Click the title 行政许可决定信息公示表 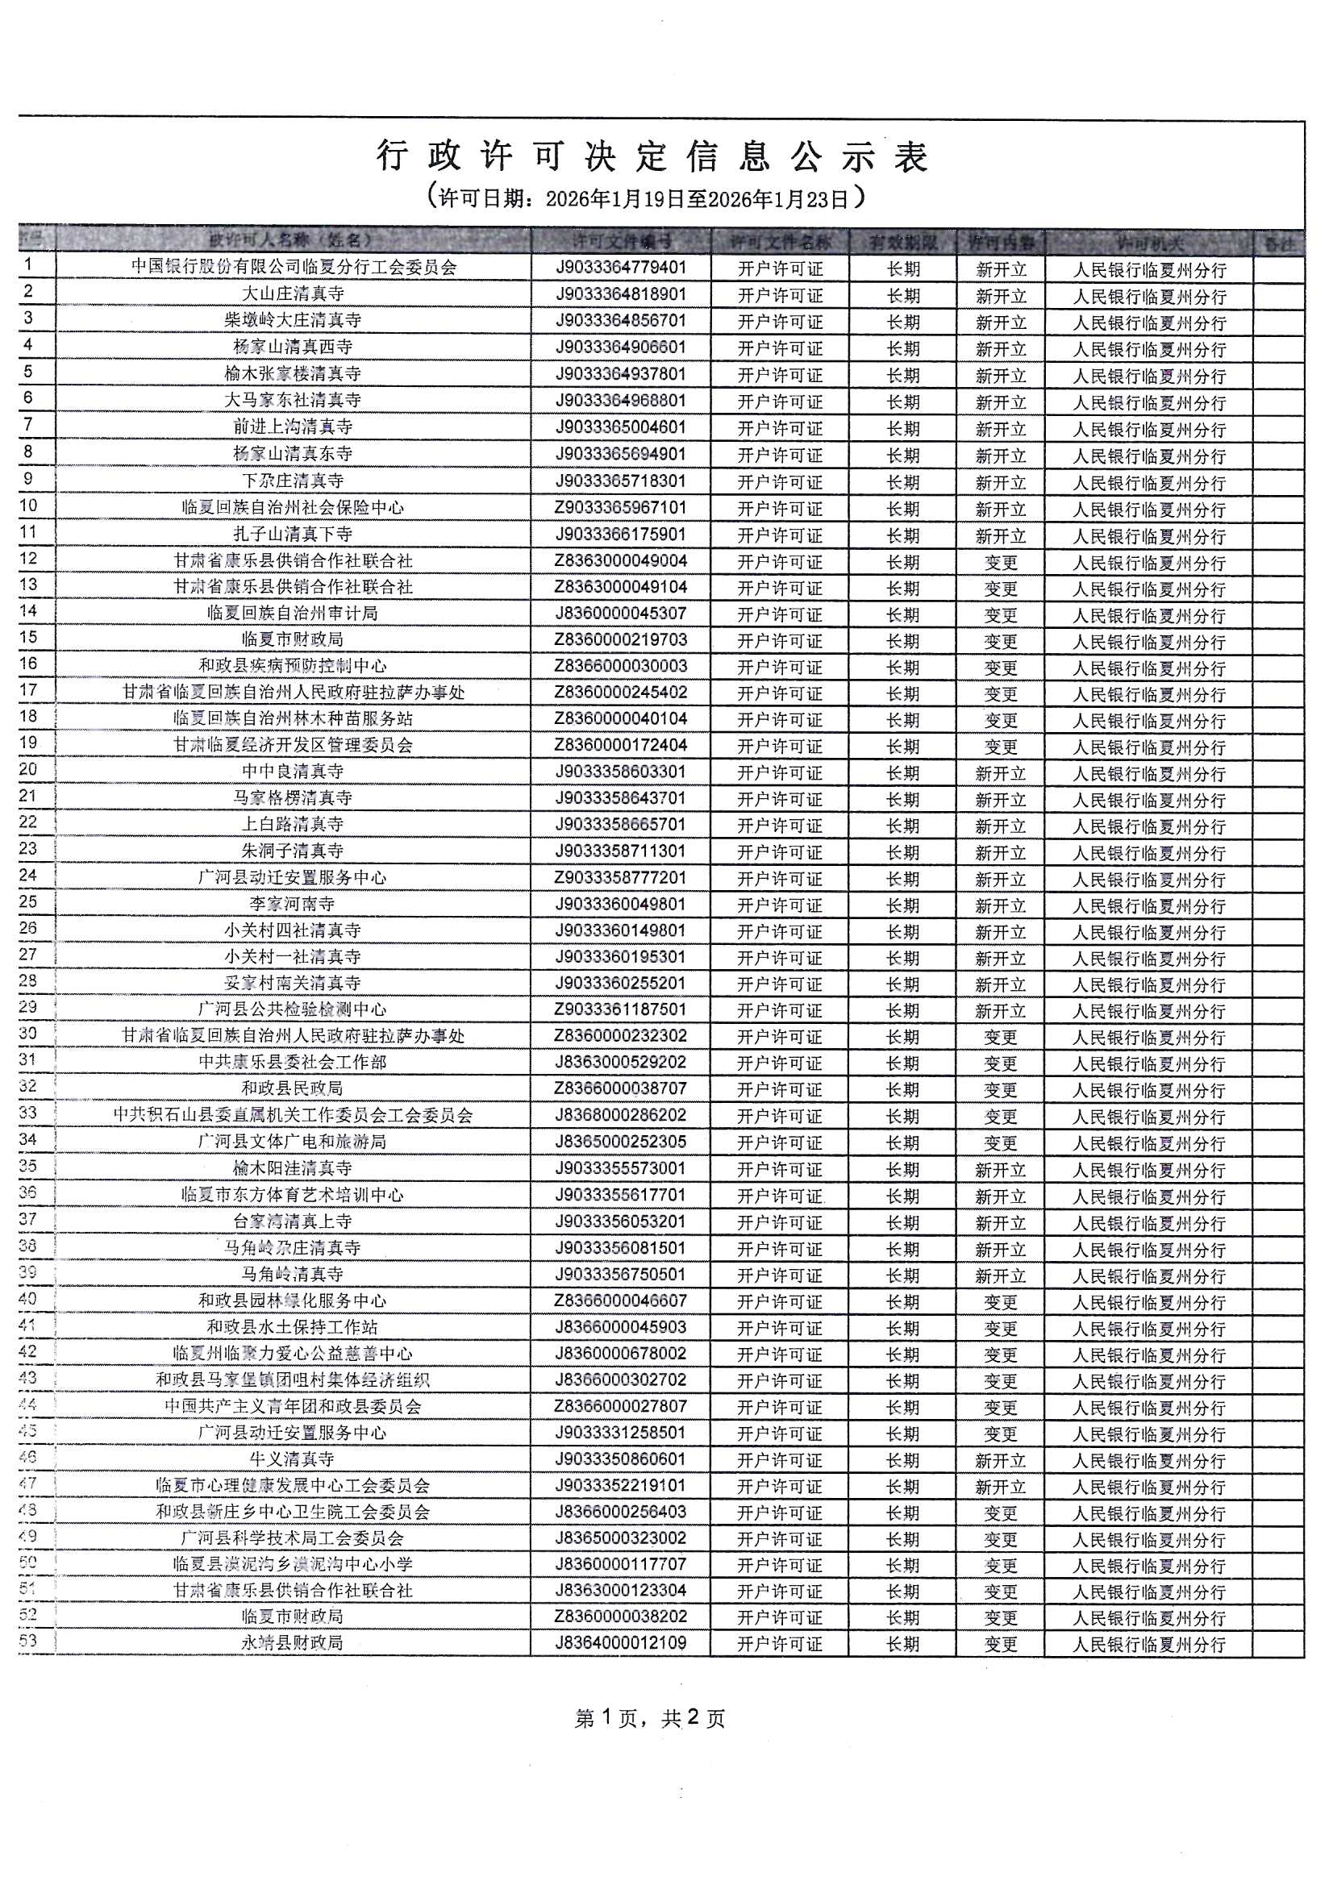(652, 156)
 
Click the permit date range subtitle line (648, 198)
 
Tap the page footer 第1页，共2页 (650, 1718)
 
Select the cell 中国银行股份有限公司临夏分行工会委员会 (294, 268)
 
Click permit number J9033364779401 (621, 268)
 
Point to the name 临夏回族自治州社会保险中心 (294, 508)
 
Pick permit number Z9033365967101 (621, 508)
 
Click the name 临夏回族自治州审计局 (294, 614)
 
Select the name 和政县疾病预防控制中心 (294, 666)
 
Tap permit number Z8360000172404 (621, 746)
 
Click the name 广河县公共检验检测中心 (294, 1009)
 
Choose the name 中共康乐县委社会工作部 (294, 1063)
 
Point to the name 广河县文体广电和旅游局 (294, 1142)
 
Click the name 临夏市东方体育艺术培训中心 (294, 1196)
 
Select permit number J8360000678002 (621, 1354)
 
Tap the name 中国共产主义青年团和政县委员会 (294, 1406)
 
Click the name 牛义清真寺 (294, 1459)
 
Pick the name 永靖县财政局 (294, 1644)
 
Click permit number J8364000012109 (621, 1644)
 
